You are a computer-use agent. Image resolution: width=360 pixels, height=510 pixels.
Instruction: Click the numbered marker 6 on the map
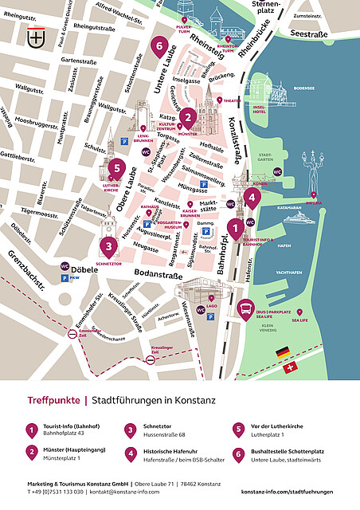(160, 46)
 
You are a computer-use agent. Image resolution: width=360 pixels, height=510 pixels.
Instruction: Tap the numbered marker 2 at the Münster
(188, 118)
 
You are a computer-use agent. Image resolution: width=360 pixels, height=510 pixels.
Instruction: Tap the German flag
(282, 351)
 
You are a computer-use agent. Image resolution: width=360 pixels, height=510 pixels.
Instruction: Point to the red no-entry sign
(151, 360)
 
